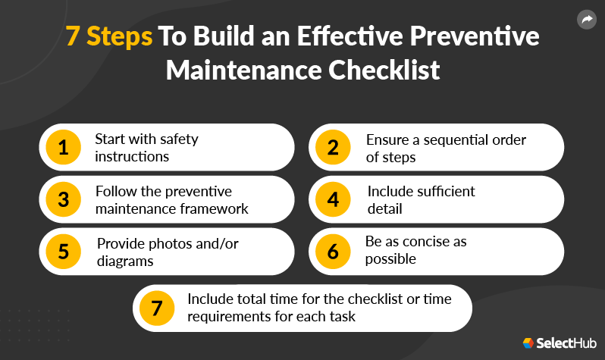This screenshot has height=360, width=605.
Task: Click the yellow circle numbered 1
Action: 63,148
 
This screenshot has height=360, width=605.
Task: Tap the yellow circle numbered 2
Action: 333,148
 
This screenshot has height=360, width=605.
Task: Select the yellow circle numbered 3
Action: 63,199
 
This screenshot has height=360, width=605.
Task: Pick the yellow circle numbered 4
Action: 333,199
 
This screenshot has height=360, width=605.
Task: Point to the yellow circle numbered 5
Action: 63,252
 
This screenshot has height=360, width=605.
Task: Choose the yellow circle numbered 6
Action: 333,252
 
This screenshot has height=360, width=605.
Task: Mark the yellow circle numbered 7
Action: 157,308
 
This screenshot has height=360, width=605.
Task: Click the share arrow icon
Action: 587,19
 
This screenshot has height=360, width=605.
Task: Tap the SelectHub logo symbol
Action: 528,343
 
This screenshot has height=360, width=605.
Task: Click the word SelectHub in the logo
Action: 565,343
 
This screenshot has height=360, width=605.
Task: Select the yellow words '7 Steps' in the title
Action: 106,37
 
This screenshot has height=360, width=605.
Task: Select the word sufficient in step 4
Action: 444,191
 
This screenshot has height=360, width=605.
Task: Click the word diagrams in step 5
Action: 126,260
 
